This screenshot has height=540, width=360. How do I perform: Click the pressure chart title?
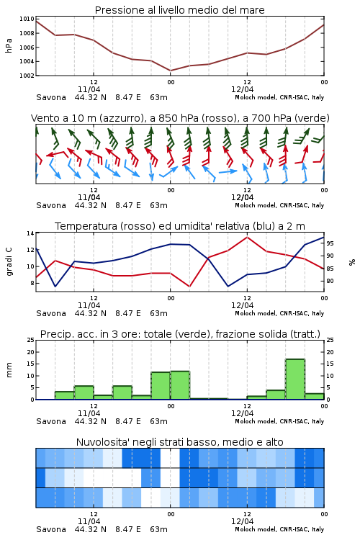click(x=179, y=10)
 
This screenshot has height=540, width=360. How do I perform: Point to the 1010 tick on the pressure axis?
click(x=27, y=19)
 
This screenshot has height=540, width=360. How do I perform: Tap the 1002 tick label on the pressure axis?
click(x=27, y=76)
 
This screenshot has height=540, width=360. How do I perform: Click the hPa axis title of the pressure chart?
click(x=9, y=45)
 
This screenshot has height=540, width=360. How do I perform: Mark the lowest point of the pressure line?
click(x=170, y=71)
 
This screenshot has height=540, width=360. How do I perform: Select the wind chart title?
click(x=180, y=118)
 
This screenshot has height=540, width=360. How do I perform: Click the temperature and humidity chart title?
click(x=180, y=226)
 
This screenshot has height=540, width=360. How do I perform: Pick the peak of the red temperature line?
click(x=247, y=237)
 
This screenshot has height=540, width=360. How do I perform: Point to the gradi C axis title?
click(x=9, y=262)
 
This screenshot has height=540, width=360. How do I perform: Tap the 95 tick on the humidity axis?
click(x=330, y=243)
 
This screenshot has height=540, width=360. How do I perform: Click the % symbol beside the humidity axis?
click(x=352, y=262)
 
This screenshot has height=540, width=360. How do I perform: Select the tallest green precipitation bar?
click(x=295, y=379)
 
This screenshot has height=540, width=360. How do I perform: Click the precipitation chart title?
click(x=180, y=334)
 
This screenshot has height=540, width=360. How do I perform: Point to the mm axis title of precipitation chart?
click(x=9, y=370)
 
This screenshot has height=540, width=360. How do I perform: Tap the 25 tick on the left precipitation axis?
click(x=31, y=341)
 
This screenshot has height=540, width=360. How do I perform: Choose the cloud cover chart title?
click(x=179, y=442)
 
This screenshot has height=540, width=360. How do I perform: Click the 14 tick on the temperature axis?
click(x=31, y=233)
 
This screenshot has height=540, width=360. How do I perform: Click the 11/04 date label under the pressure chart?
click(x=89, y=89)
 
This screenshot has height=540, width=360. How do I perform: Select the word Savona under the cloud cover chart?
click(x=51, y=529)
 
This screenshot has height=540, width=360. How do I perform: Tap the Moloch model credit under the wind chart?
click(x=279, y=206)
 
